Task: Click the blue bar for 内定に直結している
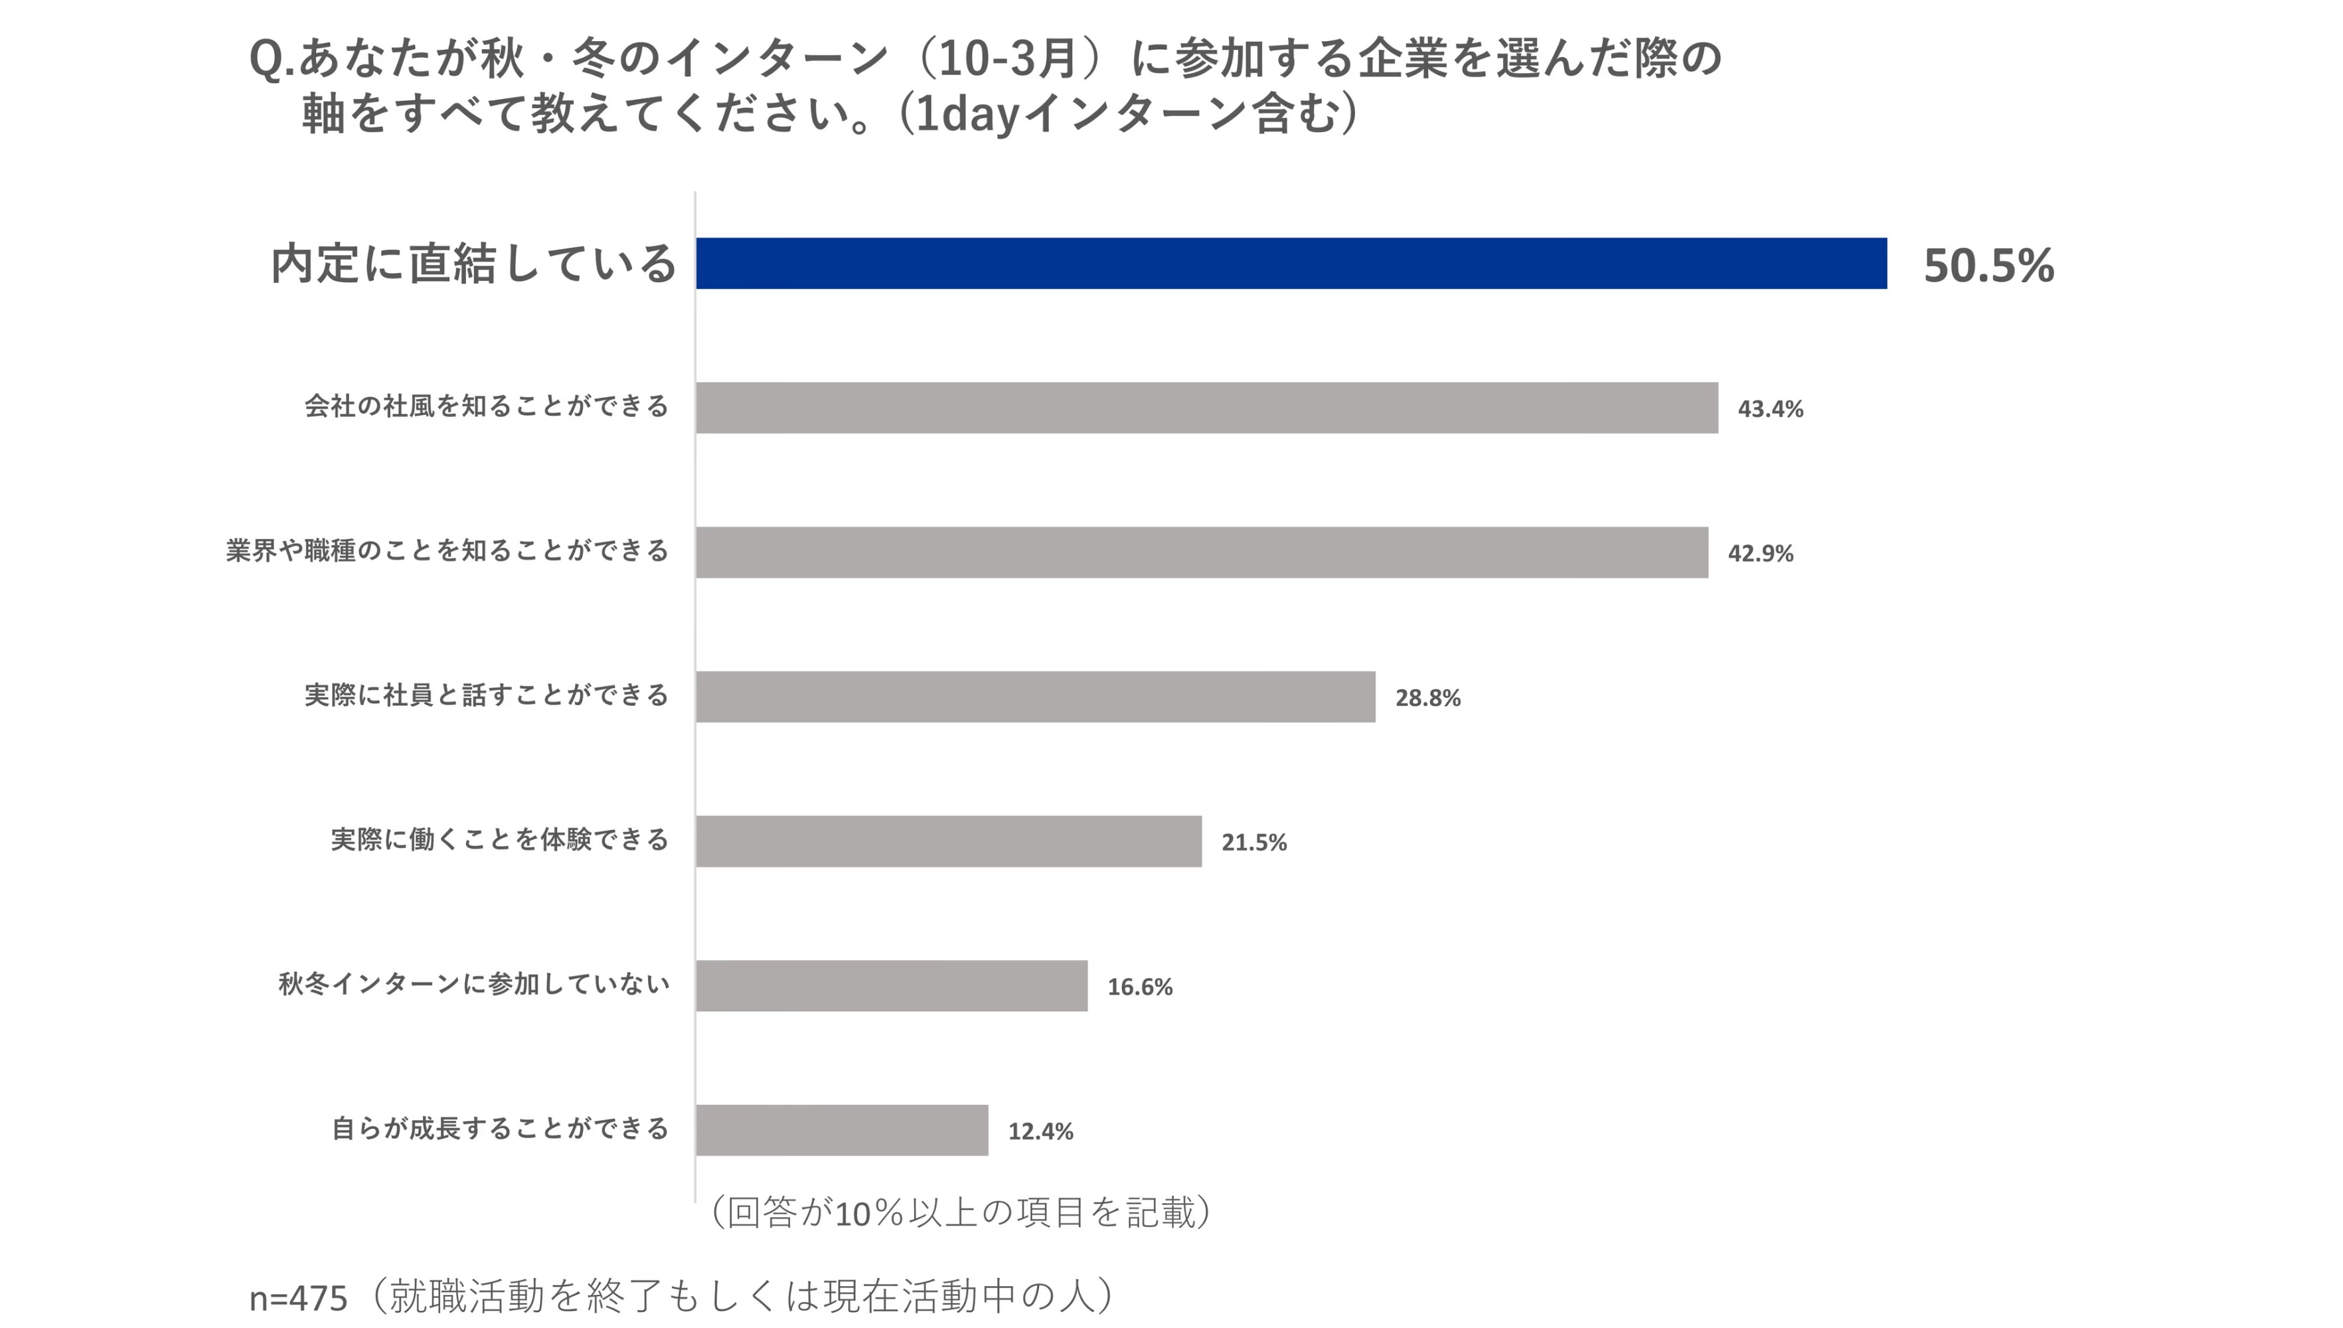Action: [1291, 264]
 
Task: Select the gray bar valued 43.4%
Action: [1206, 408]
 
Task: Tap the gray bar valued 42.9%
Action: [1201, 552]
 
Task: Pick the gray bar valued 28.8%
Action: [1035, 697]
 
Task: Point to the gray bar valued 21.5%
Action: [949, 841]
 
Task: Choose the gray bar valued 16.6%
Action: [891, 986]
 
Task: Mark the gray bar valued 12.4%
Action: [841, 1130]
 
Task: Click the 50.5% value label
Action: [1988, 266]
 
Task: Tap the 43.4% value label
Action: [1769, 408]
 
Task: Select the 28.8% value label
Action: [1427, 698]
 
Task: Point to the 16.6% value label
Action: [1139, 987]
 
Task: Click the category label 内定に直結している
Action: [473, 264]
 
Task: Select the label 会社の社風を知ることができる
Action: [486, 406]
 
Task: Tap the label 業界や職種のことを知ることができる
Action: [447, 551]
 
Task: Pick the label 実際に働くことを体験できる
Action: [499, 839]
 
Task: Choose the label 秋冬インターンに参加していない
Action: [473, 984]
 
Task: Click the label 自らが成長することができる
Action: [499, 1128]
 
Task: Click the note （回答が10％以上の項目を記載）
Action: [959, 1213]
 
